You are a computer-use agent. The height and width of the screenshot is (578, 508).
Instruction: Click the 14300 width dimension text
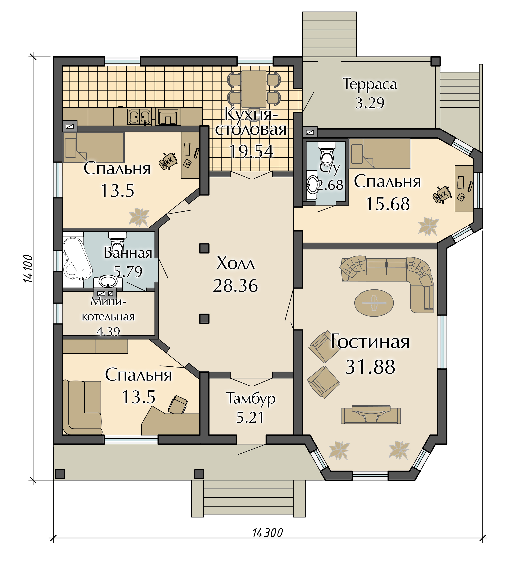[x=267, y=533]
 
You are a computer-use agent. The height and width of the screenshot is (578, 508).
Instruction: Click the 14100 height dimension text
[x=28, y=269]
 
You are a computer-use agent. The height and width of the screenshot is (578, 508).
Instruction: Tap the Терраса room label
[x=370, y=84]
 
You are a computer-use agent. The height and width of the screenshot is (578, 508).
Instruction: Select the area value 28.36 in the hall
[x=235, y=286]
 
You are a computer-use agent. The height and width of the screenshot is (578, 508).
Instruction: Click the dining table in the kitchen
[x=254, y=89]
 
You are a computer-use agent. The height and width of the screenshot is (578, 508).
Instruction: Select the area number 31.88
[x=370, y=367]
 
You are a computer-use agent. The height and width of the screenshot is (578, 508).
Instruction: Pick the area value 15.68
[x=388, y=204]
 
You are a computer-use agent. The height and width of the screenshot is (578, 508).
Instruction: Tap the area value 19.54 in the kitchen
[x=251, y=151]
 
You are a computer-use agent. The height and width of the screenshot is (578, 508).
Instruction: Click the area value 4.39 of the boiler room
[x=108, y=331]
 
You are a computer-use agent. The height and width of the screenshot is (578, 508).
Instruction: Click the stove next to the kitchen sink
[x=168, y=116]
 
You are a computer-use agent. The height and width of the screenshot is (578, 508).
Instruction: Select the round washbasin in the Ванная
[x=108, y=281]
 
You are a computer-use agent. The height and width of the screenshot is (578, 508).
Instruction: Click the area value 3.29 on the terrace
[x=370, y=103]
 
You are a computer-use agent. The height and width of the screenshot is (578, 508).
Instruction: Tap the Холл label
[x=236, y=263]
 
